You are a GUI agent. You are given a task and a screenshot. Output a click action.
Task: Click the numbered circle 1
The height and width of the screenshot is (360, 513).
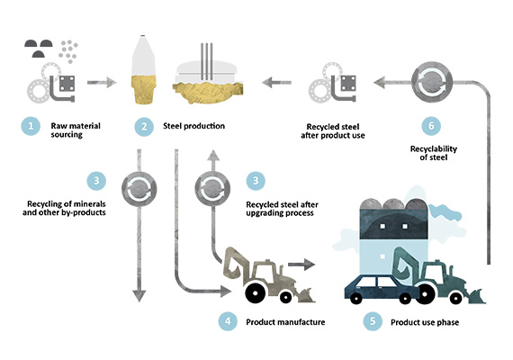click(31, 126)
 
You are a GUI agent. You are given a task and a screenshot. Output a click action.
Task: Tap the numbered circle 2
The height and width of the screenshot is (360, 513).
click(144, 127)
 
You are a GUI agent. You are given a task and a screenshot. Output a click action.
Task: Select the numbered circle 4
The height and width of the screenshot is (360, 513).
click(228, 321)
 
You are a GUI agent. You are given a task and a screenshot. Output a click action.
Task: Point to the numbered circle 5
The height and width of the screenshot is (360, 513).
click(373, 321)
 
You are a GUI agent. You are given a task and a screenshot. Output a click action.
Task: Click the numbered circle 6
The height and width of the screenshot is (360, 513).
click(431, 126)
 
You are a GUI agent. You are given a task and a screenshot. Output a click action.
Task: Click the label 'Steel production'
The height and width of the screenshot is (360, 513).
click(193, 126)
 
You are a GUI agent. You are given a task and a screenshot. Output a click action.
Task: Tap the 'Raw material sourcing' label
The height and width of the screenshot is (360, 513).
click(76, 130)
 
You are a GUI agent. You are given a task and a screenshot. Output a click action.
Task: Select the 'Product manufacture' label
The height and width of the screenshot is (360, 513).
click(285, 322)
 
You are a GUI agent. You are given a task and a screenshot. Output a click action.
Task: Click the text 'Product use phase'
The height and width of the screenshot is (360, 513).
click(425, 322)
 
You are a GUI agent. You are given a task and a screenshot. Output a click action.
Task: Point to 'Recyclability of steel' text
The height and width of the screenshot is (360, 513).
click(434, 153)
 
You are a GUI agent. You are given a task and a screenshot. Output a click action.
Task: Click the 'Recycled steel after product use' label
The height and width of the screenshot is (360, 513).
click(333, 130)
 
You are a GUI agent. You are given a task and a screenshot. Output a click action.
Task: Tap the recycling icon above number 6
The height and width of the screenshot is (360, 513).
click(432, 82)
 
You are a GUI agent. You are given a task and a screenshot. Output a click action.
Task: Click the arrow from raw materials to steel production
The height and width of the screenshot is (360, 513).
click(102, 83)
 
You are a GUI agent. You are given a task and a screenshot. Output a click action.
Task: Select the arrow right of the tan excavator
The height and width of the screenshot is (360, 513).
click(301, 264)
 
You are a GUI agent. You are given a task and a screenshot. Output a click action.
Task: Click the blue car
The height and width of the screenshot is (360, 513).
click(382, 289)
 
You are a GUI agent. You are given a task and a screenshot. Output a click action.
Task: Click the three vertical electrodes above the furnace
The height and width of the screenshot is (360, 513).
click(206, 61)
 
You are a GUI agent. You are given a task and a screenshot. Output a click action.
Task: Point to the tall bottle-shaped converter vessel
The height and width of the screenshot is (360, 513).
click(143, 69)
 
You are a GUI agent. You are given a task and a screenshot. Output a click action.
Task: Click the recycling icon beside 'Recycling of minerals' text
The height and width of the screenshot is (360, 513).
click(139, 189)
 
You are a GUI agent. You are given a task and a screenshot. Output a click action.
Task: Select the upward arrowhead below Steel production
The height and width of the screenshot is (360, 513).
click(213, 156)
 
